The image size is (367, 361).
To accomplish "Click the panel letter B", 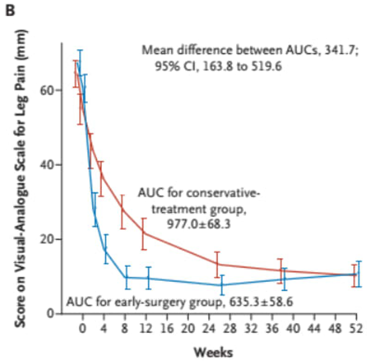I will pyautogui.click(x=10, y=10).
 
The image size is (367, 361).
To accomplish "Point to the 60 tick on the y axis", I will pyautogui.click(x=51, y=90).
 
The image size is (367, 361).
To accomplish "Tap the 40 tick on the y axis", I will pyautogui.click(x=51, y=165).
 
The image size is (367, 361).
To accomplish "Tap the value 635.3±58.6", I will pyautogui.click(x=258, y=301).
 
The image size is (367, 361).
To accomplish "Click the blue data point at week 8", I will pyautogui.click(x=127, y=277).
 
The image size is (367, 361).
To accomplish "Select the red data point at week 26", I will pyautogui.click(x=217, y=264).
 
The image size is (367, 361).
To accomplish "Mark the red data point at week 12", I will pyautogui.click(x=143, y=233).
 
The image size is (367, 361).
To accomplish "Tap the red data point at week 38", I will pyautogui.click(x=280, y=271).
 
